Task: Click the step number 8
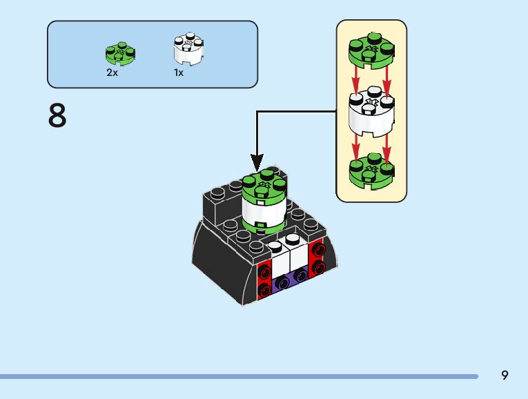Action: (x=57, y=116)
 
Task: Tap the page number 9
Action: (x=505, y=375)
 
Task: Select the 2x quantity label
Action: (x=113, y=72)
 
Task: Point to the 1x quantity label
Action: (x=179, y=72)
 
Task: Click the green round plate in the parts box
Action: (x=120, y=53)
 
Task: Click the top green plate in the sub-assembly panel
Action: (x=371, y=50)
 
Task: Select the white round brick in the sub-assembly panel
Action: (x=371, y=113)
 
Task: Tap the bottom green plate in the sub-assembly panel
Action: (x=371, y=171)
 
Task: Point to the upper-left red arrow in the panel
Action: (x=356, y=81)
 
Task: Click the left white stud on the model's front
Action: (x=275, y=246)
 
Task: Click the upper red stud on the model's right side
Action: (x=318, y=249)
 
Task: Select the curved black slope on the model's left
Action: (x=214, y=255)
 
